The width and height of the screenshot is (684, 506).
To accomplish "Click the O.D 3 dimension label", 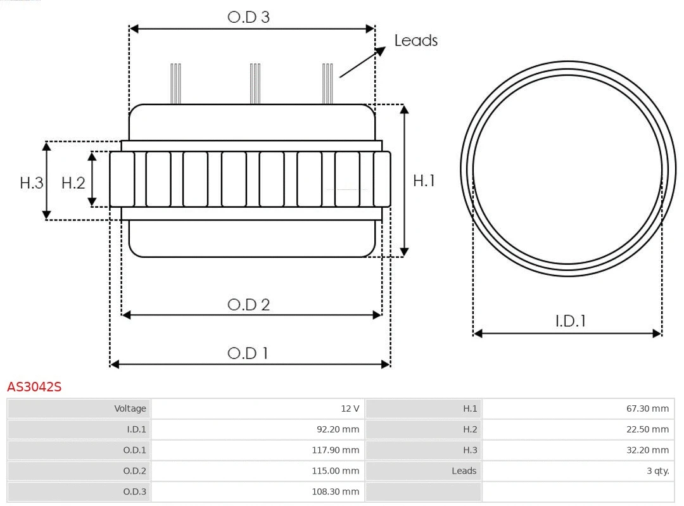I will coord(248,17).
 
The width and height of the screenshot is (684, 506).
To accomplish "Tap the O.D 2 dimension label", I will coord(248,305).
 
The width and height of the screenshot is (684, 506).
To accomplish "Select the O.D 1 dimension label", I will coord(248,353).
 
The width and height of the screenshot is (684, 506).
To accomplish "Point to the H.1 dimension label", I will coord(424,180).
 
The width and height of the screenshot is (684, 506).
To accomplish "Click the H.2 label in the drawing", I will coord(73,183).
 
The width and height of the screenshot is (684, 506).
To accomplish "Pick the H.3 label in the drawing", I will coord(31,183).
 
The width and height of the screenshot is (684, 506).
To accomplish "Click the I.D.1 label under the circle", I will coord(570,321).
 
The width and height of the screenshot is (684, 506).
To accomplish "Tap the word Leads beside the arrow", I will coord(415,41).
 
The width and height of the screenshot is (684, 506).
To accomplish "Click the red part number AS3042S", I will coord(34,387).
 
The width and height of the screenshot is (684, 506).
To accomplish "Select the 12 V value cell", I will coord(350,408).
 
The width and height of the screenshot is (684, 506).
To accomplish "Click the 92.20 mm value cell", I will coord(338,429).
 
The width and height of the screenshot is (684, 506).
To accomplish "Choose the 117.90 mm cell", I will coord(336,450).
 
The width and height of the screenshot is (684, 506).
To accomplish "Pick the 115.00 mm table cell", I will coord(336,471).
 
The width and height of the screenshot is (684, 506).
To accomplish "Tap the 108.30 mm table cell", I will coord(336,491).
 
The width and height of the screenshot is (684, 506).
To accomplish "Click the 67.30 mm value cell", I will coord(647,408).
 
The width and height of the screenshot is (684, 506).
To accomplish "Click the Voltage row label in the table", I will coord(130,408).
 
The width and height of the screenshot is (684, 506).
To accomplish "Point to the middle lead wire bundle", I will coord(255,83).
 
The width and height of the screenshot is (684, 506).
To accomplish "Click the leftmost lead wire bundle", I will coord(175,83).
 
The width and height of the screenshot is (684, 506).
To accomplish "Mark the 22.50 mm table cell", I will coord(647,429).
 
